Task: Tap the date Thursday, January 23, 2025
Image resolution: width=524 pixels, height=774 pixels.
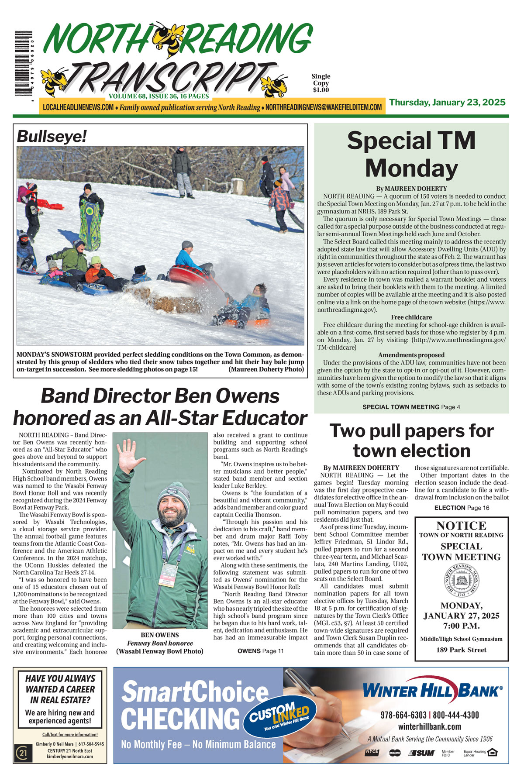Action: coord(447,103)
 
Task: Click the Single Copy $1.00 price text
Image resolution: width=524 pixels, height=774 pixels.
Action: coord(321,83)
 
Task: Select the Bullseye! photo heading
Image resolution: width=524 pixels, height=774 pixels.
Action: coord(52,137)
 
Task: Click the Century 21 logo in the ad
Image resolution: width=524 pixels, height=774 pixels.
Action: coord(21,753)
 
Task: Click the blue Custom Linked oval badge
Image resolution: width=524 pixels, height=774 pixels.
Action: coord(279,716)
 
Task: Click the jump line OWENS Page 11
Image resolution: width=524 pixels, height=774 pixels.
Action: coord(260,651)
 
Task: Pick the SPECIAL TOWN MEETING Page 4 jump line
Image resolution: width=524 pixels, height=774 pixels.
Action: coord(411,407)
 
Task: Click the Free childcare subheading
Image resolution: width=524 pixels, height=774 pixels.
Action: coord(411,317)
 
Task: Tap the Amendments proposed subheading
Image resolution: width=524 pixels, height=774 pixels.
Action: coord(411,355)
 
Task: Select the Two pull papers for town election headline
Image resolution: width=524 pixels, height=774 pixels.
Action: coord(411,440)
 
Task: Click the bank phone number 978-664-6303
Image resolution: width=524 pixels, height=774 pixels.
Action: coord(403,715)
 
